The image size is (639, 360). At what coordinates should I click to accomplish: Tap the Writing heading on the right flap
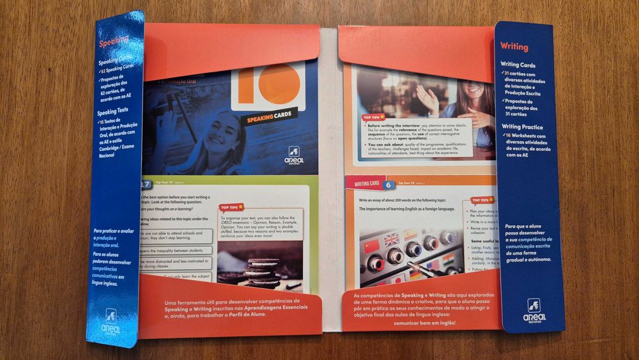coord(514,47)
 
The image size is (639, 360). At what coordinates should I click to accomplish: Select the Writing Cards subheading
coord(518,65)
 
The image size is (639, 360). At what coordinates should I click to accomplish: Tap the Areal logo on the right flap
coord(534,311)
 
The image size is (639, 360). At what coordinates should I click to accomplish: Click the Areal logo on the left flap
coord(111,319)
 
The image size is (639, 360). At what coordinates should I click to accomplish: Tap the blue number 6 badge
coord(388,185)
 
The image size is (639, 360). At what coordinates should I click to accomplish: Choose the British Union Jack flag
coord(392,239)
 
